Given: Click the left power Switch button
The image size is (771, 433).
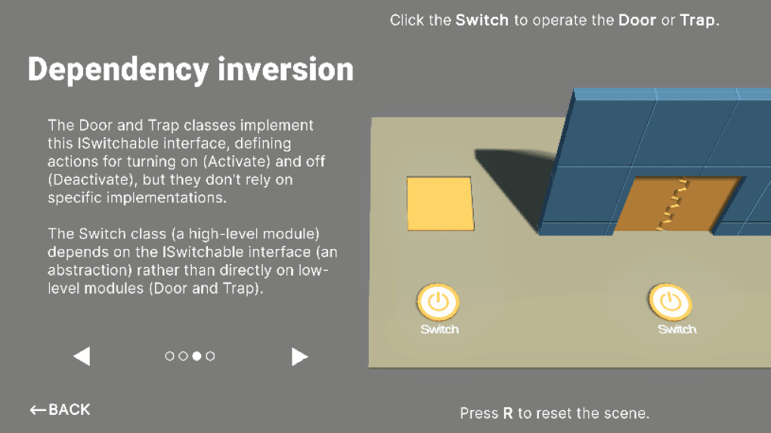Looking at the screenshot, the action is point(438,302).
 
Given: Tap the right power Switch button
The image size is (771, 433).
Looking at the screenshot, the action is point(670,302).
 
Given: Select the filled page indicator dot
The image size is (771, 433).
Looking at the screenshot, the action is point(197,356).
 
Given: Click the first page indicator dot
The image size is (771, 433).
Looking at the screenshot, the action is point(169,356).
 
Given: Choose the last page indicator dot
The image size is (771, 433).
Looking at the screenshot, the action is point(210,356).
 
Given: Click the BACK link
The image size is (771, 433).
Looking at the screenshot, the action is point(60,410).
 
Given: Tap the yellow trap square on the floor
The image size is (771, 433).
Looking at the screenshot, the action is point(439,203).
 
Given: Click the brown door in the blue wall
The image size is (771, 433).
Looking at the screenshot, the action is point(674,204).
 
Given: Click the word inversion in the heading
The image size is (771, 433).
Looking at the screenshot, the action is point(286,70).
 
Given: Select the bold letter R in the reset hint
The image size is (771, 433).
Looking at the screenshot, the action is point(508,413).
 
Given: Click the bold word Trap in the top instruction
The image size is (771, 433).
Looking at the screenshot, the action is point(697,20).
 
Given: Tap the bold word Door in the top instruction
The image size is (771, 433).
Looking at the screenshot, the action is point(637,20).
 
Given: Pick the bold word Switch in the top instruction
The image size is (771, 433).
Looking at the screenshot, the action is point(481,20).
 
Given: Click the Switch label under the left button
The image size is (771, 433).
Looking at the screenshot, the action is point(439,329).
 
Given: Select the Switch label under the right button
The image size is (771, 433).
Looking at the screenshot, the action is point(677,329).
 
